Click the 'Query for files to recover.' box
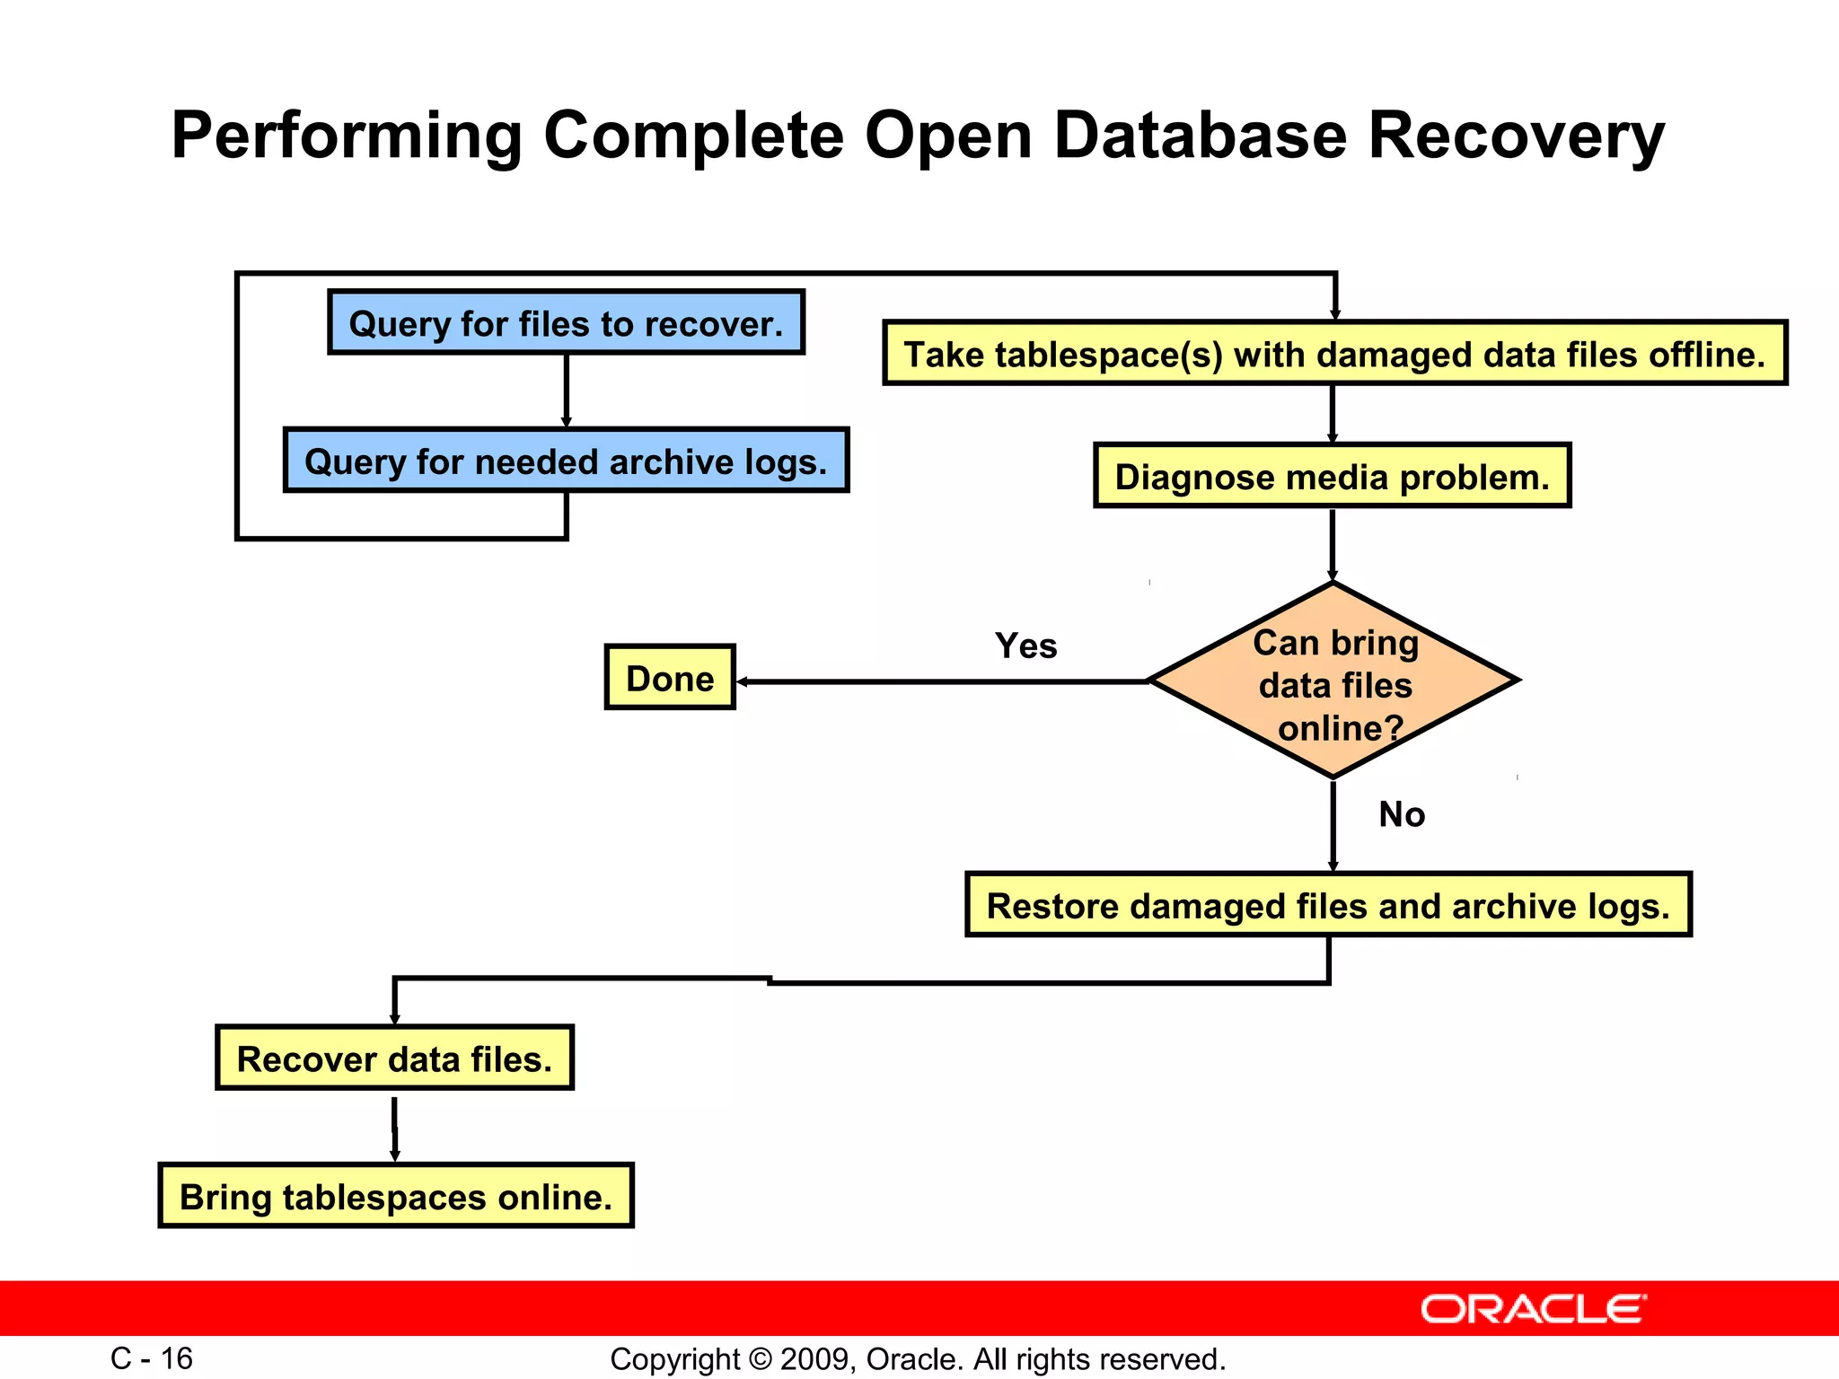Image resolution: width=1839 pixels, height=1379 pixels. pos(566,322)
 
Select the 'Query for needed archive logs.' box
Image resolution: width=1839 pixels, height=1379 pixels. pos(566,461)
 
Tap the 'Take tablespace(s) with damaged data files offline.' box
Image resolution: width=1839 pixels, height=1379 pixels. pos(1334,353)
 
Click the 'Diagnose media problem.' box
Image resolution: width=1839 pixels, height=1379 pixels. pos(1332,476)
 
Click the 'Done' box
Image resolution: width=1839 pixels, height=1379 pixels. pos(670,678)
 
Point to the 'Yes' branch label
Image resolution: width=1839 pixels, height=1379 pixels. pos(1025,646)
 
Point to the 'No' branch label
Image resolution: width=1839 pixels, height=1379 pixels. pos(1401,814)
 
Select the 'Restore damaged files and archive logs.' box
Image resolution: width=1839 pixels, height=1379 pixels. pos(1328,905)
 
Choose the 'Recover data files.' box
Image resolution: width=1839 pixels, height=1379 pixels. pos(394,1058)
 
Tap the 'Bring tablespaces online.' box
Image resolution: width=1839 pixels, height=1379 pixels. pos(396,1196)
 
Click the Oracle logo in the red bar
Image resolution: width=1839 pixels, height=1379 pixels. pos(1533,1309)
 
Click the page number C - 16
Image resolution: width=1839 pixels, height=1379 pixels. pos(152,1358)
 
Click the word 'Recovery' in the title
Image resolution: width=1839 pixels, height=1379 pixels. pos(1516,136)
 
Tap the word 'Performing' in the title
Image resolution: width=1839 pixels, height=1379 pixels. pos(347,136)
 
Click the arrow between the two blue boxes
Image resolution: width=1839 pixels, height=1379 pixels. pos(566,391)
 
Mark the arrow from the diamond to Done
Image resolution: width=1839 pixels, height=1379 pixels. pos(943,682)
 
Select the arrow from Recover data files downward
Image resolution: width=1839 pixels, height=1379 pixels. pos(394,1128)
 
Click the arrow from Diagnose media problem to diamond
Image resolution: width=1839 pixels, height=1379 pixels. pos(1333,544)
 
